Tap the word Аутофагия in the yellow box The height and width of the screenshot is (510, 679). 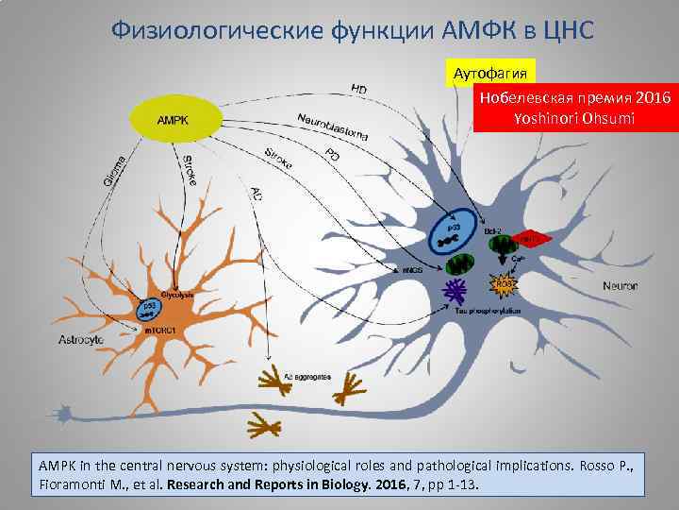click(x=490, y=73)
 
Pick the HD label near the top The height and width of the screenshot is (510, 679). click(x=358, y=90)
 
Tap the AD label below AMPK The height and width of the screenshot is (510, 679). click(x=257, y=194)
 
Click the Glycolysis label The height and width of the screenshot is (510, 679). click(x=179, y=295)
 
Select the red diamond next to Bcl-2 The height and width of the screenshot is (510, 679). click(x=532, y=240)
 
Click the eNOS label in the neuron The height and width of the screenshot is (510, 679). click(x=411, y=270)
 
